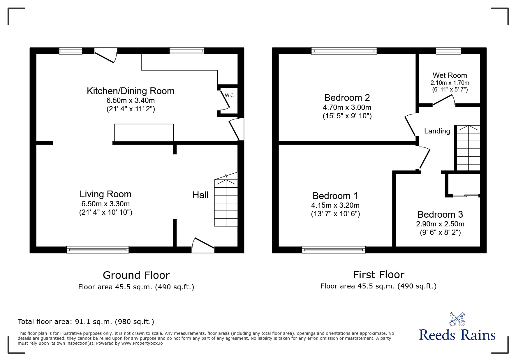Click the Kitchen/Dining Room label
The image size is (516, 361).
point(131,91)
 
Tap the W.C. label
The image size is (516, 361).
point(230,96)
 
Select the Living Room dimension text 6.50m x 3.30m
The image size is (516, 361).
point(105,204)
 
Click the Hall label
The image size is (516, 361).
point(200,195)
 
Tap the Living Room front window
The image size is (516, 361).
point(98,249)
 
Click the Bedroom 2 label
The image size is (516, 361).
point(347,97)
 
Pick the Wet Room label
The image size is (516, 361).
point(450,75)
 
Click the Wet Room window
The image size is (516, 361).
point(448,51)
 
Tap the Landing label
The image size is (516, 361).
point(437,131)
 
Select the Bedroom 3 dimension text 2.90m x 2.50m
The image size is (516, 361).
point(440,224)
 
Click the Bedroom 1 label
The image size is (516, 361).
point(335,196)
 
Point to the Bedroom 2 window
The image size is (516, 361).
point(344,51)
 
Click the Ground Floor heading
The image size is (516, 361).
point(136,275)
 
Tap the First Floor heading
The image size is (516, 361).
point(378,274)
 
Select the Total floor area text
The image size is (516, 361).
point(86,322)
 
